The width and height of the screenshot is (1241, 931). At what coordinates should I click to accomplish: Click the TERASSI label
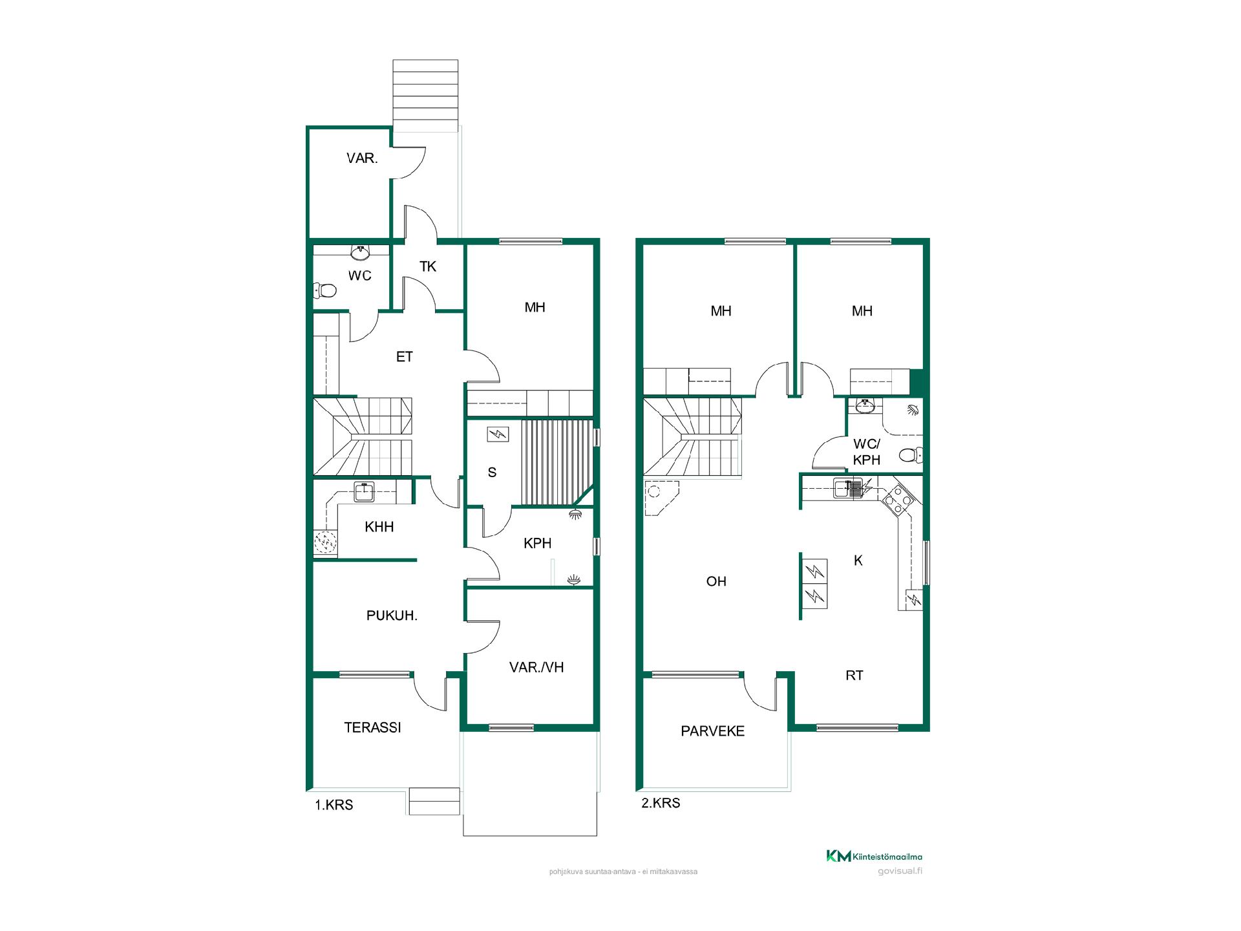click(x=372, y=727)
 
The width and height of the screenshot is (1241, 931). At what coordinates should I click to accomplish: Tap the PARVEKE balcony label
click(x=712, y=731)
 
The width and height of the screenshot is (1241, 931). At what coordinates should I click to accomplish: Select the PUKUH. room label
click(x=392, y=615)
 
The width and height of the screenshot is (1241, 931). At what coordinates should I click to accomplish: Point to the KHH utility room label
click(x=379, y=527)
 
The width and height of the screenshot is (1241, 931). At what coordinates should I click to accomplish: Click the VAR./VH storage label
click(x=536, y=667)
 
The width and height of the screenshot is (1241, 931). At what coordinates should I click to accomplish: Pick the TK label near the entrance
click(x=428, y=266)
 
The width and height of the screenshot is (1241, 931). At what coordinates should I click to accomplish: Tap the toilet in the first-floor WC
click(x=324, y=290)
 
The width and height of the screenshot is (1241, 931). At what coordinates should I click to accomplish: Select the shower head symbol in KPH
click(x=575, y=514)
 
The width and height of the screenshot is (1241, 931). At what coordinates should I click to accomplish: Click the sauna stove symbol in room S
click(x=498, y=434)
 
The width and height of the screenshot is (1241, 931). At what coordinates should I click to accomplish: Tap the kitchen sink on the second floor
click(x=847, y=488)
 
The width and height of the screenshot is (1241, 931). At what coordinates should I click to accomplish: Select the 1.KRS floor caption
click(x=334, y=806)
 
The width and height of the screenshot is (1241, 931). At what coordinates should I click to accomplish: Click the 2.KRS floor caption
click(x=661, y=804)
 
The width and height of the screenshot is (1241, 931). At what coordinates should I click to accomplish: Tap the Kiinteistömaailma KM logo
click(x=875, y=857)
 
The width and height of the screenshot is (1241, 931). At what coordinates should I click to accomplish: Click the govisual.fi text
click(x=900, y=871)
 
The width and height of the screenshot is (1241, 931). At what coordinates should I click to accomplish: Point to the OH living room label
click(x=716, y=582)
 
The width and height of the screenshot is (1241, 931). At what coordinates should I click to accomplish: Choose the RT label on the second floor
click(x=854, y=676)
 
